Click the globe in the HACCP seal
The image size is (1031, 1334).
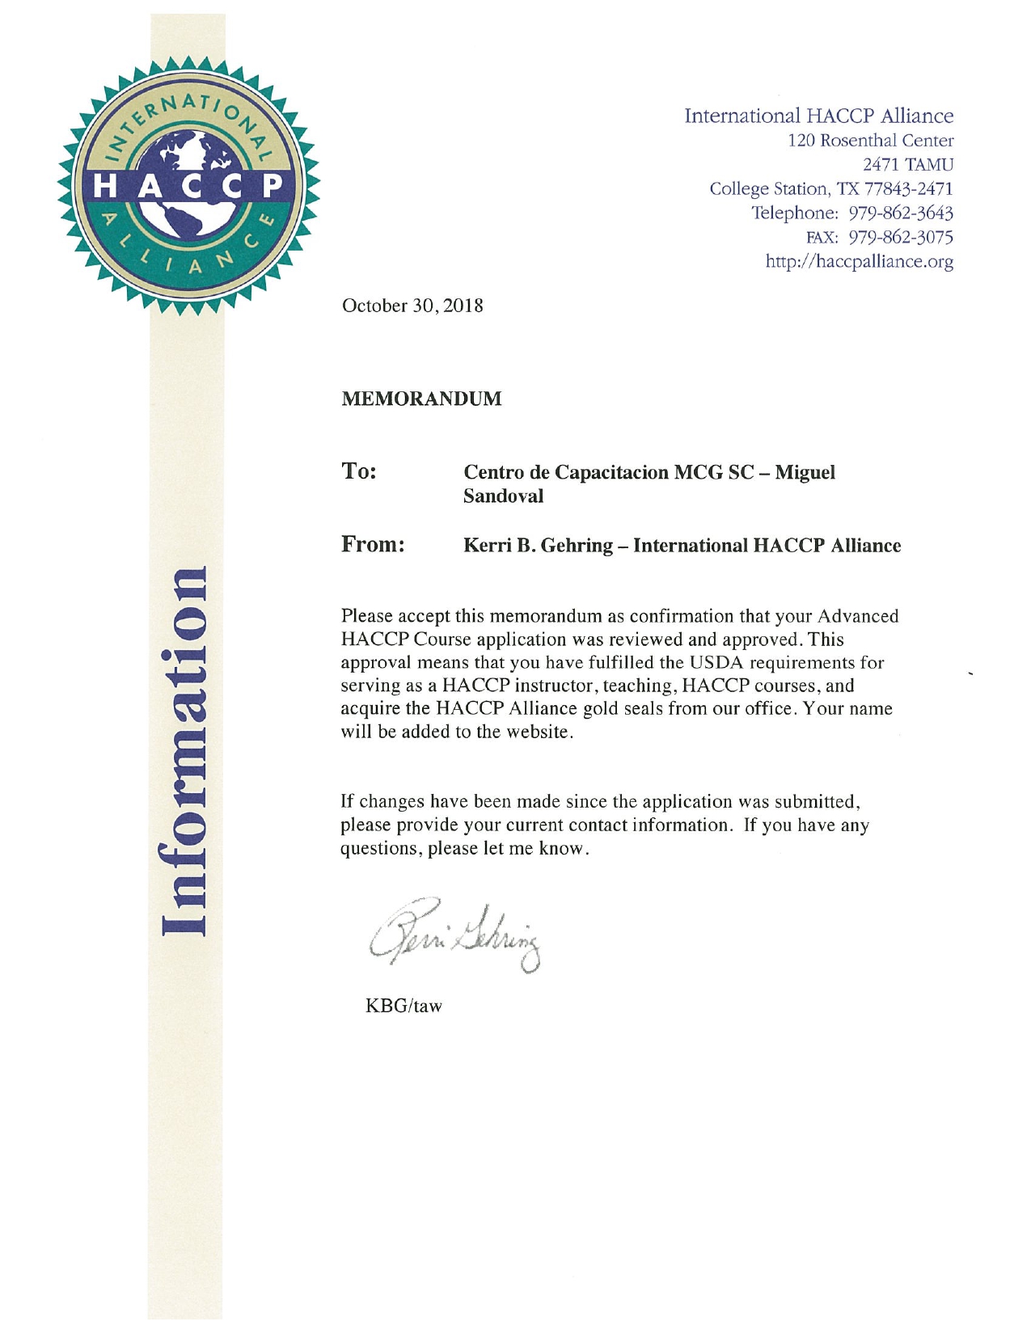(x=188, y=186)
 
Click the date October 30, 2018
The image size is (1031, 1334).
(x=412, y=306)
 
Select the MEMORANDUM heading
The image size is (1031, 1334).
(x=421, y=399)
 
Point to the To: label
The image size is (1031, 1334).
(x=359, y=471)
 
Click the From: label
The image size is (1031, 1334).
(x=373, y=544)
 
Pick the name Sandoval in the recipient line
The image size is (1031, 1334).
(x=503, y=496)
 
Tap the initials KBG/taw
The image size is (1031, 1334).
(x=404, y=1006)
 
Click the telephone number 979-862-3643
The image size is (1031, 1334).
(x=901, y=213)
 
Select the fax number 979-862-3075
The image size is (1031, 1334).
(x=901, y=238)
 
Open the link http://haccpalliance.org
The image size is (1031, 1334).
(x=860, y=262)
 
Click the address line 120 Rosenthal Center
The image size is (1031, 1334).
(x=871, y=141)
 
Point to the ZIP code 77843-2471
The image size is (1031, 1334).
(x=908, y=189)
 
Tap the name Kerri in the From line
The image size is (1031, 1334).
(x=486, y=546)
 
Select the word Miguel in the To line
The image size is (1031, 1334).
(x=805, y=472)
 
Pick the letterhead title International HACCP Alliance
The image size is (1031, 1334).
(x=819, y=116)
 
